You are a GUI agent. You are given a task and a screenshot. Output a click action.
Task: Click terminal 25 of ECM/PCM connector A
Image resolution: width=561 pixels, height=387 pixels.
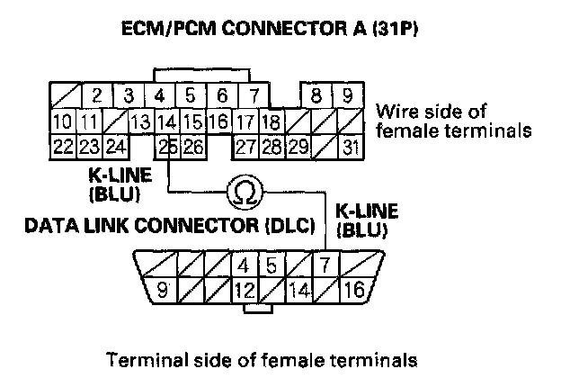166,146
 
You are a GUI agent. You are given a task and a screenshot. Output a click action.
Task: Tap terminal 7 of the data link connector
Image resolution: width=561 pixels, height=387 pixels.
326,265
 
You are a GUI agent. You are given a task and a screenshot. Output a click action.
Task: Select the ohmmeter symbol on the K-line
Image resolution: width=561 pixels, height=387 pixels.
242,190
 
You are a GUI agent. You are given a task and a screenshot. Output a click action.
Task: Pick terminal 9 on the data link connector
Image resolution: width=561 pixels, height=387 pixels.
164,290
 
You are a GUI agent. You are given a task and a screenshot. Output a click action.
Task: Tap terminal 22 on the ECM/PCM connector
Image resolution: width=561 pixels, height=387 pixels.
63,146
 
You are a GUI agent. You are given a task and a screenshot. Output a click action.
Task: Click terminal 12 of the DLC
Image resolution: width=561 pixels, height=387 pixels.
244,290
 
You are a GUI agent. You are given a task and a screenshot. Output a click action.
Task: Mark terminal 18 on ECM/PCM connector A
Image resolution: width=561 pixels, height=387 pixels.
272,121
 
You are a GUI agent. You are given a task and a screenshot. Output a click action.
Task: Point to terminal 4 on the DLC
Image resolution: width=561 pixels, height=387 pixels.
244,265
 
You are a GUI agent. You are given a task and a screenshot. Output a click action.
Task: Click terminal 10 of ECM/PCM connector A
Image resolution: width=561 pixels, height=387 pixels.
63,121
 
